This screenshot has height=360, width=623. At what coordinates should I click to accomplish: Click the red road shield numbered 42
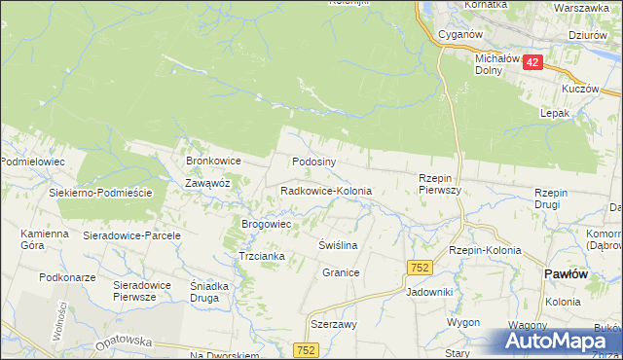tap(531, 61)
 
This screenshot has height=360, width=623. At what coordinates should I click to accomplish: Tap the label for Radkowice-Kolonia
tap(326, 192)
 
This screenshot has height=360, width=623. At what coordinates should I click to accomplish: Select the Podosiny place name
tap(313, 162)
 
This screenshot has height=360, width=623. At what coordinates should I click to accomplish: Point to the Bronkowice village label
tap(213, 161)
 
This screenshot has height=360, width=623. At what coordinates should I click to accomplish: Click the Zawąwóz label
tap(207, 182)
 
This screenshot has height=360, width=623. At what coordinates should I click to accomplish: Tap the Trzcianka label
tap(261, 256)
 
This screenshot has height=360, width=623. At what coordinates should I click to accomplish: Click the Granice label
tap(342, 273)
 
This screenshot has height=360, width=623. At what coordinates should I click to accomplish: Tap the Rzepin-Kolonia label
tap(485, 250)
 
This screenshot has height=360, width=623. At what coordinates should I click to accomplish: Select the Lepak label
tap(554, 113)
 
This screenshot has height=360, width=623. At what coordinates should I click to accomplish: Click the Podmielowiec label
tap(32, 161)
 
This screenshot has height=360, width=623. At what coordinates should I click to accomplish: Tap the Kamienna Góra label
tap(45, 239)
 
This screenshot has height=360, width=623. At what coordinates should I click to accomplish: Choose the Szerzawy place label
tap(333, 325)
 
